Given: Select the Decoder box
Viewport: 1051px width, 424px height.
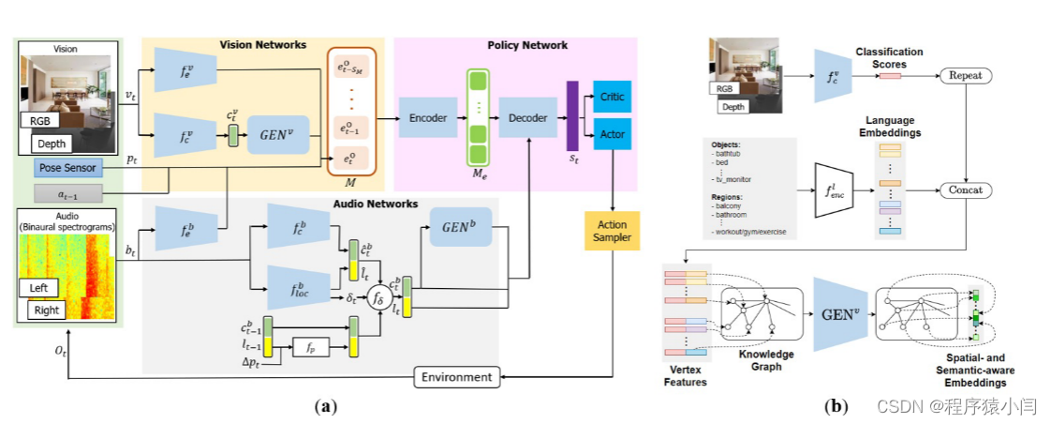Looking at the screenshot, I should coord(527,117).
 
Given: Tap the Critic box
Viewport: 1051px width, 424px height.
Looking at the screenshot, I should coord(613,96).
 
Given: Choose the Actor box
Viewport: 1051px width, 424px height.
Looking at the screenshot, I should coord(613,133).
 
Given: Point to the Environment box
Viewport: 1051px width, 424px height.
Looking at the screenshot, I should coord(456,377).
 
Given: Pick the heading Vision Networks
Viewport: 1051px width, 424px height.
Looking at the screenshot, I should coord(263,45).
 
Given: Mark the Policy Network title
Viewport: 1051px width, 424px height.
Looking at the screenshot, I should coord(527,45).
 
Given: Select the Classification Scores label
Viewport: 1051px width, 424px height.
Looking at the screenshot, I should coord(889,58).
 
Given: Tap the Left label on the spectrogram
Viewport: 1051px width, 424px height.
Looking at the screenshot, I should coord(43,287).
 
